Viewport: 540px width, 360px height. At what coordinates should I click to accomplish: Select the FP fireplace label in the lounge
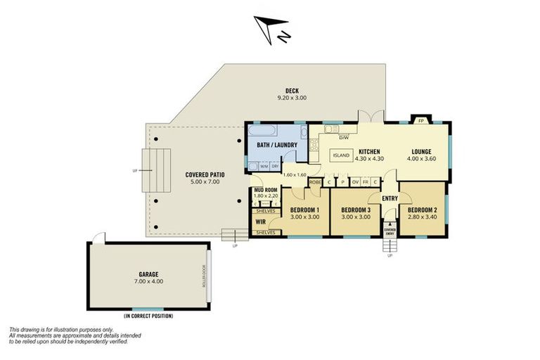(420, 121)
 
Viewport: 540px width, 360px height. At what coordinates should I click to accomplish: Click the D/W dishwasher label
(344, 137)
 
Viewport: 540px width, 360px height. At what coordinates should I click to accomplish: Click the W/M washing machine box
(264, 166)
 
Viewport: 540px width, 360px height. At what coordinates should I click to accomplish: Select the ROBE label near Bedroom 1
(315, 181)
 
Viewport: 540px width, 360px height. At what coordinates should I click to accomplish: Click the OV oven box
(355, 181)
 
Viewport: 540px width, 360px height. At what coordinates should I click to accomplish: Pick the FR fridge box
(366, 181)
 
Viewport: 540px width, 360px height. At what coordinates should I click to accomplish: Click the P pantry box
(342, 181)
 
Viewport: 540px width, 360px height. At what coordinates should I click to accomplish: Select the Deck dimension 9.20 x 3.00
(291, 98)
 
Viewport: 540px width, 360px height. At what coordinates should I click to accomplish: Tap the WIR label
(260, 221)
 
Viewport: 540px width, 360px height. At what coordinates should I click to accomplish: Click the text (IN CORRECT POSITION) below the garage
(148, 316)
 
